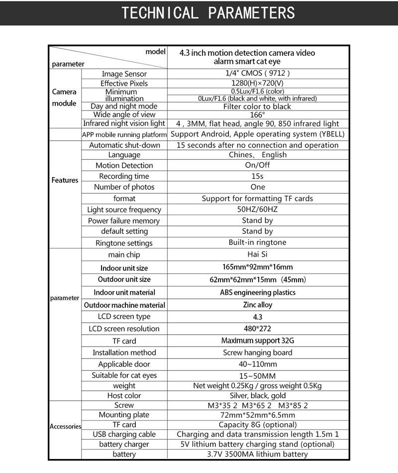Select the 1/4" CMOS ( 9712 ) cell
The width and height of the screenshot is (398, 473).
click(x=258, y=74)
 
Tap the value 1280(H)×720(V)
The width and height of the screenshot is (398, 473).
click(x=258, y=83)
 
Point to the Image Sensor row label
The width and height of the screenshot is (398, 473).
click(x=124, y=74)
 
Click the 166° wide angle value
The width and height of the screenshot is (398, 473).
click(x=258, y=115)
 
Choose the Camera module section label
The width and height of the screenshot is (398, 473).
click(x=64, y=98)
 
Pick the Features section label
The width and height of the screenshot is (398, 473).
click(x=65, y=180)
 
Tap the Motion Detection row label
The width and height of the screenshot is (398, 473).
click(x=124, y=165)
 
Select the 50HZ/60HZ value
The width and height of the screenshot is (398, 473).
click(x=257, y=210)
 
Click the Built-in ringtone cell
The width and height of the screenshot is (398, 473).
click(x=257, y=242)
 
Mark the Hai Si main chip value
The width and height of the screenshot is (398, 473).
click(x=257, y=254)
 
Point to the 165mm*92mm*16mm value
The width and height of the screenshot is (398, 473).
click(x=257, y=267)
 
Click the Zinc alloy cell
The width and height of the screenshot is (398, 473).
click(x=257, y=305)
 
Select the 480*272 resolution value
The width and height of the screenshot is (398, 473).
click(x=257, y=329)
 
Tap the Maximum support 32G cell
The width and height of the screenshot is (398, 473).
click(x=257, y=341)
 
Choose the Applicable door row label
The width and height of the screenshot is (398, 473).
click(x=124, y=364)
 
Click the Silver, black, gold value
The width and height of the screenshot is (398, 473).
click(x=257, y=395)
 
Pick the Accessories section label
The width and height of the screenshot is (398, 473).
click(x=65, y=426)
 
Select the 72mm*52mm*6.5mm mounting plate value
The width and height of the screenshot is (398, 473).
click(x=257, y=415)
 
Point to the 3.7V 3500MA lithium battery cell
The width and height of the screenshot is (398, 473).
click(x=257, y=454)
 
